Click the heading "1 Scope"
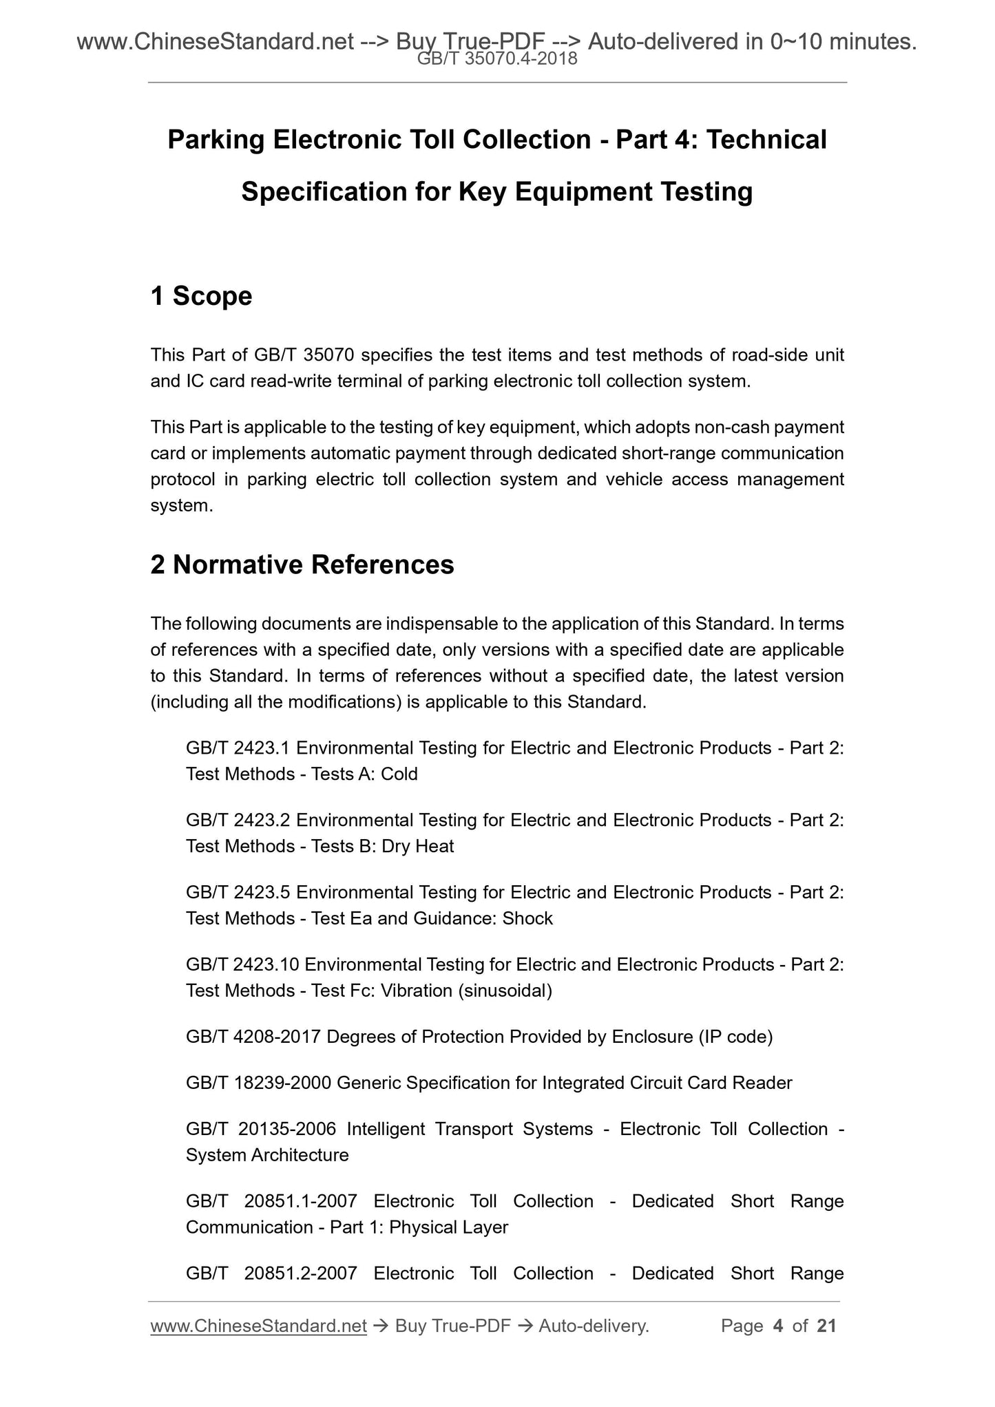201,296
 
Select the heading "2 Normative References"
302,564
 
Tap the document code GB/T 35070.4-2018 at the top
497,60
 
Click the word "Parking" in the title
216,140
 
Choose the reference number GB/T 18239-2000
259,1083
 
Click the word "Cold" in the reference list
399,774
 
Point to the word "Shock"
527,918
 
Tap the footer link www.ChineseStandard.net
258,1326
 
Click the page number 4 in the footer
778,1326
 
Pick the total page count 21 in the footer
826,1326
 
